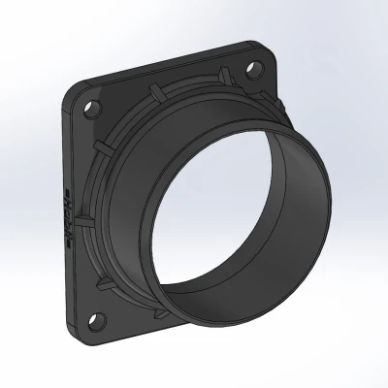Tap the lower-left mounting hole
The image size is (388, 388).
tap(94, 317)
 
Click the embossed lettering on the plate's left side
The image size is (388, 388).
tap(72, 217)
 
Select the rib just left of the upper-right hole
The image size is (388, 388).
tap(225, 77)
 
